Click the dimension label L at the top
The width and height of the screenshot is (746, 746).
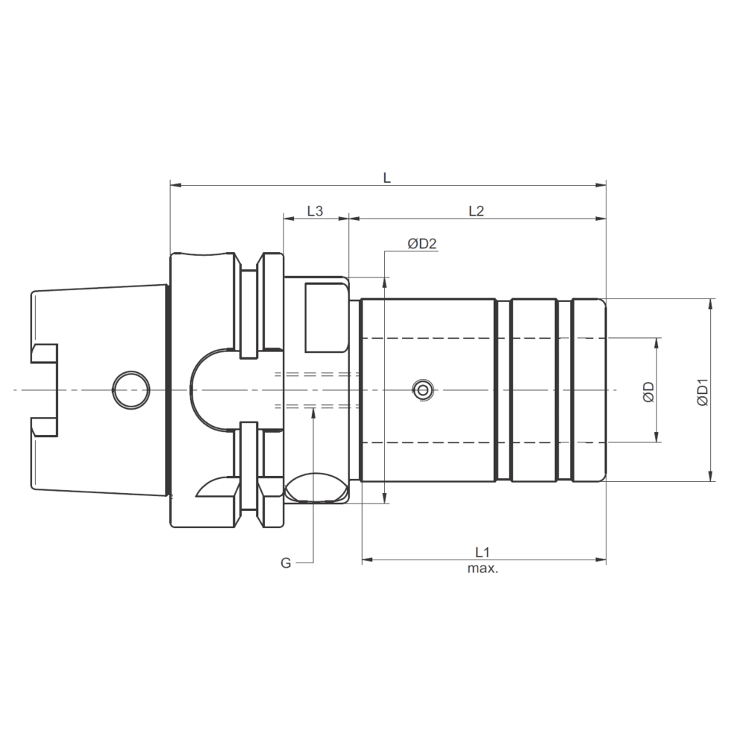coord(387,178)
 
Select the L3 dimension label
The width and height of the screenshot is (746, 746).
coord(315,211)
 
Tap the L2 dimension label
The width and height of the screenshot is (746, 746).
coord(476,211)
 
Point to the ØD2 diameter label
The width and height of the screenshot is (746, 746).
coord(422,244)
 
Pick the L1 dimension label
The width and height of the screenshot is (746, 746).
coord(483,552)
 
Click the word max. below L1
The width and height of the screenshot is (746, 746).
coord(483,568)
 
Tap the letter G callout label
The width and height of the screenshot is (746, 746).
coord(286,563)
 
